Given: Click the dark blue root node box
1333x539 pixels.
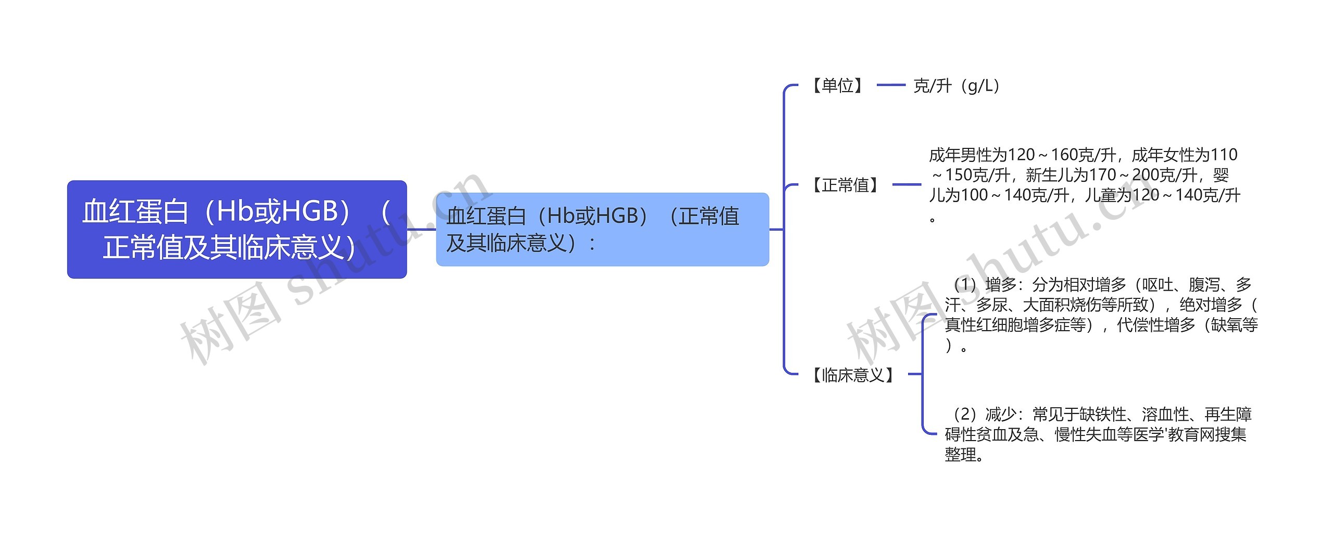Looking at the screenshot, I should tap(236, 229).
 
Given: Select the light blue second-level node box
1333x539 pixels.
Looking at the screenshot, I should tap(602, 229).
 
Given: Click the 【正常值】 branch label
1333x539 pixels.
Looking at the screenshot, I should tap(845, 185).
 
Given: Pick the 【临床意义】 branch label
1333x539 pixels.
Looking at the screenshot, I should tap(853, 374).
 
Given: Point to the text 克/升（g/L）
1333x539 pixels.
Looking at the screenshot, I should tap(957, 86).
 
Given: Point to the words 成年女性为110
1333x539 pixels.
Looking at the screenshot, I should tap(1185, 155).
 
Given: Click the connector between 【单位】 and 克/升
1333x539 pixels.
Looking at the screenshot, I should tap(891, 85).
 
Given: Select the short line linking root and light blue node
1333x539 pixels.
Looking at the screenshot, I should tap(421, 229).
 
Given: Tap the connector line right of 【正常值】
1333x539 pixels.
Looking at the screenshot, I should tap(907, 184).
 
